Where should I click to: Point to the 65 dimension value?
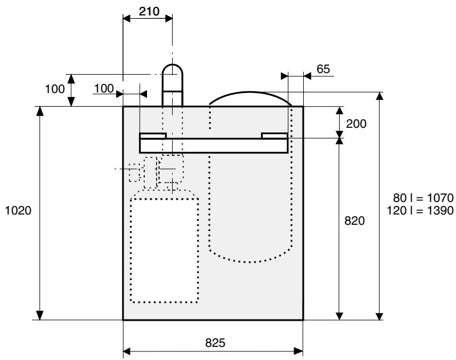click(x=323, y=68)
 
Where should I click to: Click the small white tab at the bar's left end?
click(x=153, y=136)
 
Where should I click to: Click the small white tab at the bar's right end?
click(x=274, y=136)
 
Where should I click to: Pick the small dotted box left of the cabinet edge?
click(x=134, y=173)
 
